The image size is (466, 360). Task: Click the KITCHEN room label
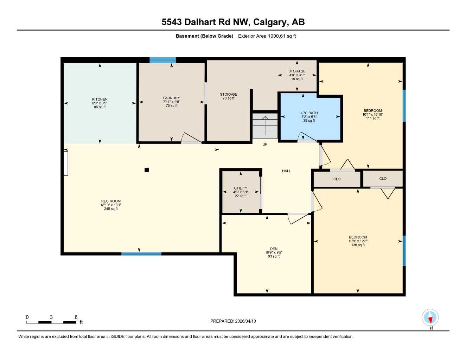click(100, 99)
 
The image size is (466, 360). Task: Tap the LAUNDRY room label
click(171, 98)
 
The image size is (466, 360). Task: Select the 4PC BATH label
click(309, 113)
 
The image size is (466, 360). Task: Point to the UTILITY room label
click(241, 188)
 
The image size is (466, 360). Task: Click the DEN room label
click(274, 249)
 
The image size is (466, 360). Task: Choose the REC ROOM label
click(111, 201)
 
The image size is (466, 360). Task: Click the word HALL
click(286, 171)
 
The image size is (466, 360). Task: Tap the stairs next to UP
click(265, 126)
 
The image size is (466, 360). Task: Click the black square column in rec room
click(147, 170)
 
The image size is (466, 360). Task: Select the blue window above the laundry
click(162, 60)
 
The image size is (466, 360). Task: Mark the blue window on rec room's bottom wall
click(141, 253)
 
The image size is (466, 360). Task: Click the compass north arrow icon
click(430, 318)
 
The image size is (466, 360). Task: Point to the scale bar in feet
click(51, 322)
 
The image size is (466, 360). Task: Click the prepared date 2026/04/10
click(233, 321)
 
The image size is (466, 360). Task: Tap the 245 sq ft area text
click(111, 209)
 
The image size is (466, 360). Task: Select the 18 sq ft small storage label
click(297, 79)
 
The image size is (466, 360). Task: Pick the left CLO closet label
click(337, 179)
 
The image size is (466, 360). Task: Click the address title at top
click(233, 22)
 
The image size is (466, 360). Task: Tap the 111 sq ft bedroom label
click(372, 118)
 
